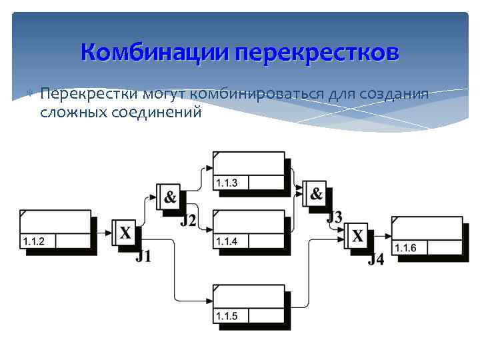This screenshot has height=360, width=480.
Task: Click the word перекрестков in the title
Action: click(x=317, y=51)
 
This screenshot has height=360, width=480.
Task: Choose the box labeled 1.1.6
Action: click(x=427, y=236)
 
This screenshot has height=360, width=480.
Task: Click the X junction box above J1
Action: click(x=125, y=233)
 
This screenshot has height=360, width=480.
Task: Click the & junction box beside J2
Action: click(x=169, y=197)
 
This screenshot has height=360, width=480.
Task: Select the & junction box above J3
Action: click(x=315, y=194)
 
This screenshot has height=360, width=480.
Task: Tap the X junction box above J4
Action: click(x=357, y=235)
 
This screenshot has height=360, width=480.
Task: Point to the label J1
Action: click(x=143, y=256)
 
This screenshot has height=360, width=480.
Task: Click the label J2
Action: click(x=188, y=220)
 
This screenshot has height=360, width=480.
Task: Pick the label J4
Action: click(x=376, y=259)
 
